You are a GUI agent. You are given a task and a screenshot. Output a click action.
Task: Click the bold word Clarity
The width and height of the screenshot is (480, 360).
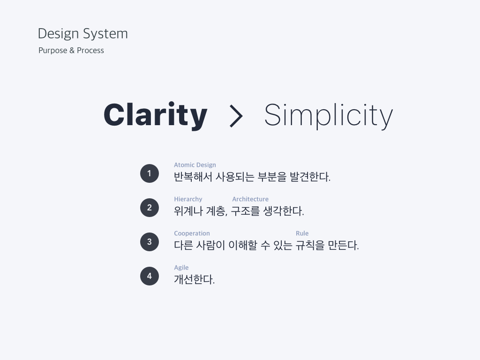(156, 115)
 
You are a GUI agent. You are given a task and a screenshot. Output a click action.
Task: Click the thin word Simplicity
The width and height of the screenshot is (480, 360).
(329, 115)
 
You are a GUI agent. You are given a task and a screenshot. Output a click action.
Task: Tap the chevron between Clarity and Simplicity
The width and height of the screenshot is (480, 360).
(236, 116)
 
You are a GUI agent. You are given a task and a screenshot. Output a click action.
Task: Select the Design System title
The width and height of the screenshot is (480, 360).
(82, 34)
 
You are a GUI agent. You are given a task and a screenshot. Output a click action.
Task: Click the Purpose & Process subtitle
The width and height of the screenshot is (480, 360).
(71, 51)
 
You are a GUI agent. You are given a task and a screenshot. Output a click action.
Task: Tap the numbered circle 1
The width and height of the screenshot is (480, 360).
(150, 173)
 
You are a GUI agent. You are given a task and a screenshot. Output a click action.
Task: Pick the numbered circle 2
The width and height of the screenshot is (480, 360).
(150, 208)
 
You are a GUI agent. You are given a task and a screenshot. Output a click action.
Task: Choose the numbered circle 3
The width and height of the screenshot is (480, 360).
(150, 242)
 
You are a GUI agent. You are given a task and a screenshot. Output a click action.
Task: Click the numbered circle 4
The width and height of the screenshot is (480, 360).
(150, 276)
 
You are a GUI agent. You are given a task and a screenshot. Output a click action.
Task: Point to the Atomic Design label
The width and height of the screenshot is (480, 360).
(195, 165)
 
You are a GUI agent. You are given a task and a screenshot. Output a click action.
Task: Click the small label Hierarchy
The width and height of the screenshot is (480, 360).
(188, 199)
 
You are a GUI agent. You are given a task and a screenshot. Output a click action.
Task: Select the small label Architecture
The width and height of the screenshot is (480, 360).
(250, 199)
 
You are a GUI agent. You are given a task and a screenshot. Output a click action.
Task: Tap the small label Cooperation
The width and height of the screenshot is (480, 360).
(192, 233)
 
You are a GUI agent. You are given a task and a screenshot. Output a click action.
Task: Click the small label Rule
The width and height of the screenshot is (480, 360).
(302, 233)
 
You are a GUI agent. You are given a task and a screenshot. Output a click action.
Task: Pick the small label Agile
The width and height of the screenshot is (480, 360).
(181, 268)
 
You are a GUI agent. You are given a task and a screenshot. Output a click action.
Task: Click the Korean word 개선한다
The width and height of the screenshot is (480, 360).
(195, 279)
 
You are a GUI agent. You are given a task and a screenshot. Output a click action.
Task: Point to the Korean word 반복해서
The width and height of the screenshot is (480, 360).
(193, 177)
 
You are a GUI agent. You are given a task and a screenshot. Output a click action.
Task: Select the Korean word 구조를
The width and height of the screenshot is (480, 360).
(246, 211)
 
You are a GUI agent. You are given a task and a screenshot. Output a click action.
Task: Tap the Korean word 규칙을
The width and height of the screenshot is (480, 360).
(310, 245)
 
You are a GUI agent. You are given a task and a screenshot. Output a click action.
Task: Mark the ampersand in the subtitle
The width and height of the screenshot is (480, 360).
(72, 51)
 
